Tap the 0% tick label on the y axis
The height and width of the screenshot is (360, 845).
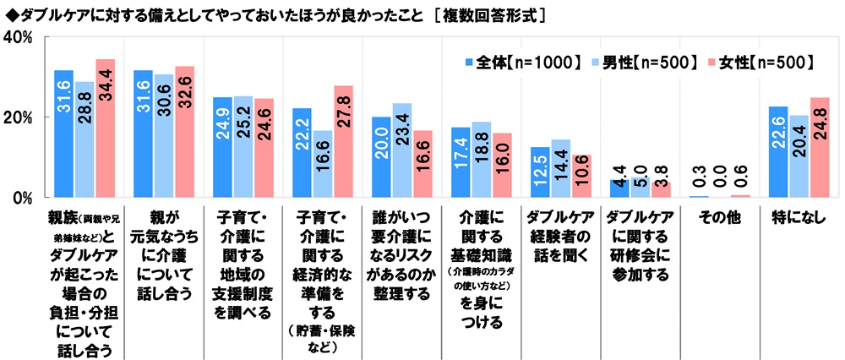pos(21,198)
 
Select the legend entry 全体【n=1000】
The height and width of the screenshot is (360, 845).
pos(521,62)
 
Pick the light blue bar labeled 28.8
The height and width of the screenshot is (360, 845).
pos(84,139)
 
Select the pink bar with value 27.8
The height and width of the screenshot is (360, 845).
pos(343,142)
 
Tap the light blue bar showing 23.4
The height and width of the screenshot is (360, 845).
pos(402,150)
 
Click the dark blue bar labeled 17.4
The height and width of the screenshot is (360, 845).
pos(461,162)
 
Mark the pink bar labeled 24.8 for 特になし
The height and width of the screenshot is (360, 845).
pos(820,148)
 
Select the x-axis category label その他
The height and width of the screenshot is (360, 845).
pos(719,217)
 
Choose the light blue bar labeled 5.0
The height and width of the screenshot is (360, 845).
pos(641,188)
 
